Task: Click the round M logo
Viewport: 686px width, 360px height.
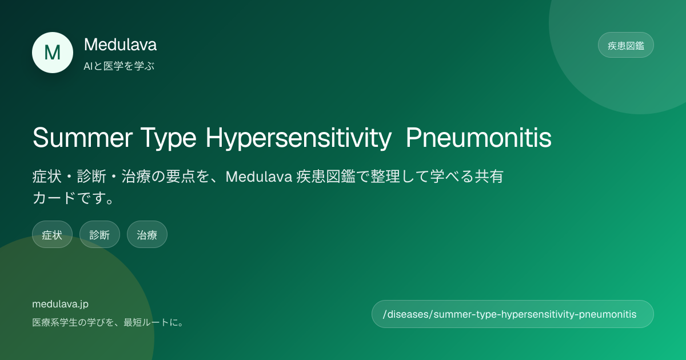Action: [x=53, y=53]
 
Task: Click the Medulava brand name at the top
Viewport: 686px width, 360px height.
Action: [x=121, y=45]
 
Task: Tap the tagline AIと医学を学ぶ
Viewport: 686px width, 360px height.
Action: [x=119, y=66]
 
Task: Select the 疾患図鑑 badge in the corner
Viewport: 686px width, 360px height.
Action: [x=625, y=45]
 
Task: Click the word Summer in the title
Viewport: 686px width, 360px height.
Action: [x=83, y=138]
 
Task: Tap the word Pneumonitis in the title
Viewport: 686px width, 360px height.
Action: [x=478, y=138]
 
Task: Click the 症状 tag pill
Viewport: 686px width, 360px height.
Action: [x=52, y=234]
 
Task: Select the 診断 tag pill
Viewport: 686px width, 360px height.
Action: [x=99, y=234]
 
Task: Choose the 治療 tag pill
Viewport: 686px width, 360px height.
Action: [x=147, y=234]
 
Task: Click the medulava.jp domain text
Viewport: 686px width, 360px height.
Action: [x=61, y=304]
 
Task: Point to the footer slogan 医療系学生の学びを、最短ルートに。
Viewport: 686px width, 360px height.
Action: [x=108, y=322]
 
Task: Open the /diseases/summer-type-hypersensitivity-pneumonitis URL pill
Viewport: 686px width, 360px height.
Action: [x=513, y=314]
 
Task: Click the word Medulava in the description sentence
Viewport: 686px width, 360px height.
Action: [x=259, y=177]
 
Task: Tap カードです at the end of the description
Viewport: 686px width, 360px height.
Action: [x=69, y=198]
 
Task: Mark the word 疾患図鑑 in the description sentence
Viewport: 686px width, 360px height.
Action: [x=326, y=177]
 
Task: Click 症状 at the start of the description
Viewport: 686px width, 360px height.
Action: [x=47, y=177]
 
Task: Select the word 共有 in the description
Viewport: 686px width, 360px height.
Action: [x=489, y=177]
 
